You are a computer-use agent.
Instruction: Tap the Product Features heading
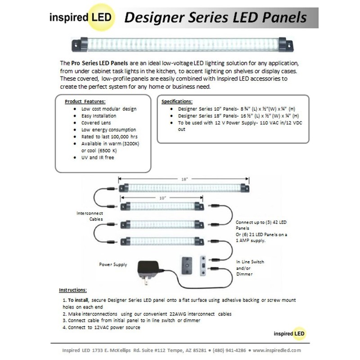pyautogui.click(x=85, y=101)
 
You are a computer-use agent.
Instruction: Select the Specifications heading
pyautogui.click(x=177, y=101)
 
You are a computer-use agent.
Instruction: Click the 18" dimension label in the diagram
pyautogui.click(x=184, y=179)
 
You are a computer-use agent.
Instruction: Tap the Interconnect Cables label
pyautogui.click(x=90, y=216)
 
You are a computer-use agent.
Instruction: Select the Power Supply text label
pyautogui.click(x=113, y=265)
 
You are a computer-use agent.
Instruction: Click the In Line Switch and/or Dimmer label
pyautogui.click(x=250, y=267)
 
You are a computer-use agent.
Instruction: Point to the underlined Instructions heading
pyautogui.click(x=73, y=290)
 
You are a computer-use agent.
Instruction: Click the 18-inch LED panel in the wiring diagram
pyautogui.click(x=184, y=188)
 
